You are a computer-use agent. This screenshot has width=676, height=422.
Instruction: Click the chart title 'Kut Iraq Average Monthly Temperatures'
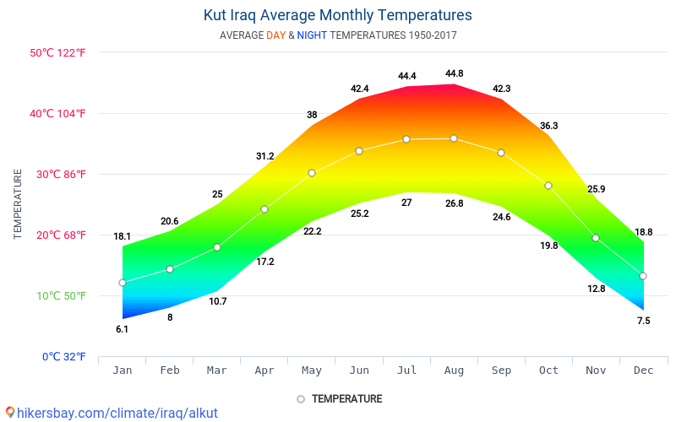click(x=338, y=15)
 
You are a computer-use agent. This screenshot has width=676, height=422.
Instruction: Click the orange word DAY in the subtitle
click(x=275, y=35)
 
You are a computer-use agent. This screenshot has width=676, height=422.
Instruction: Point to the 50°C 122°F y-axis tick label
click(x=58, y=52)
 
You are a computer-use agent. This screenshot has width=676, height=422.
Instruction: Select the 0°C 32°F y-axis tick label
click(x=58, y=356)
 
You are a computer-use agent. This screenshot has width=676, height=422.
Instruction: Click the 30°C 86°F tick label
click(x=58, y=174)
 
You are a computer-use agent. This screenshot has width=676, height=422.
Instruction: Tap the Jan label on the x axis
click(x=123, y=371)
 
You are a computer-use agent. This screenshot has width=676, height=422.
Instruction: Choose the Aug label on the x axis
click(x=454, y=371)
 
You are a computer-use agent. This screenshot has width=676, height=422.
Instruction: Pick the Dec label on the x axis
click(x=643, y=371)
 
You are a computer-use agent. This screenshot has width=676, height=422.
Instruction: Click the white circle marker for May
click(x=312, y=173)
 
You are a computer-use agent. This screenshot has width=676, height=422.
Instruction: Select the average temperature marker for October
click(x=548, y=186)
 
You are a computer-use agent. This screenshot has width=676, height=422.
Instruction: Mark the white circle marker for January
click(x=123, y=283)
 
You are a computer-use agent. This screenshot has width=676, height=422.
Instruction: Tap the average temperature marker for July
click(x=406, y=139)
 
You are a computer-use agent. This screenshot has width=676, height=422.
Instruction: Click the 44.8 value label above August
click(x=454, y=76)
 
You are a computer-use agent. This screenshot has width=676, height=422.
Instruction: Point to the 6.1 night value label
click(x=123, y=329)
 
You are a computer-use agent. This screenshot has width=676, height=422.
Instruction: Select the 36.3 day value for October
click(x=548, y=126)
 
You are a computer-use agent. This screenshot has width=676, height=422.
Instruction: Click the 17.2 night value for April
click(x=264, y=262)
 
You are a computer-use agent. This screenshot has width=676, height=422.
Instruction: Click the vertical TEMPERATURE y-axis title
click(x=18, y=203)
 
